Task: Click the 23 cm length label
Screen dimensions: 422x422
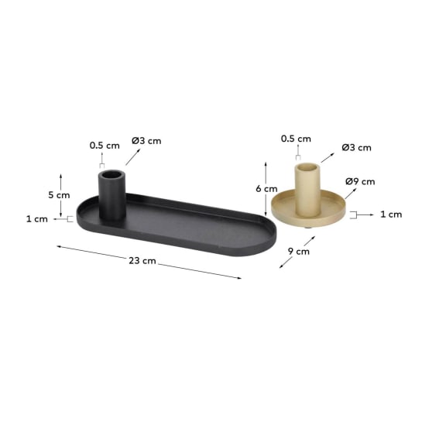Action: pyautogui.click(x=142, y=261)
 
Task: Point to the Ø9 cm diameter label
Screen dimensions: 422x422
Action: pyautogui.click(x=359, y=182)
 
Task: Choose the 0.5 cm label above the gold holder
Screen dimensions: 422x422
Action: pyautogui.click(x=295, y=139)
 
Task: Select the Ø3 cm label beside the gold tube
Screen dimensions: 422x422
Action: pyautogui.click(x=357, y=147)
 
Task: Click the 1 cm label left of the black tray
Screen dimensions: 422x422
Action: pyautogui.click(x=37, y=219)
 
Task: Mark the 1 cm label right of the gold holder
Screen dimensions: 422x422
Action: pyautogui.click(x=391, y=214)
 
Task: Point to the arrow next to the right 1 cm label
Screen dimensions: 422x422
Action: pyautogui.click(x=367, y=214)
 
